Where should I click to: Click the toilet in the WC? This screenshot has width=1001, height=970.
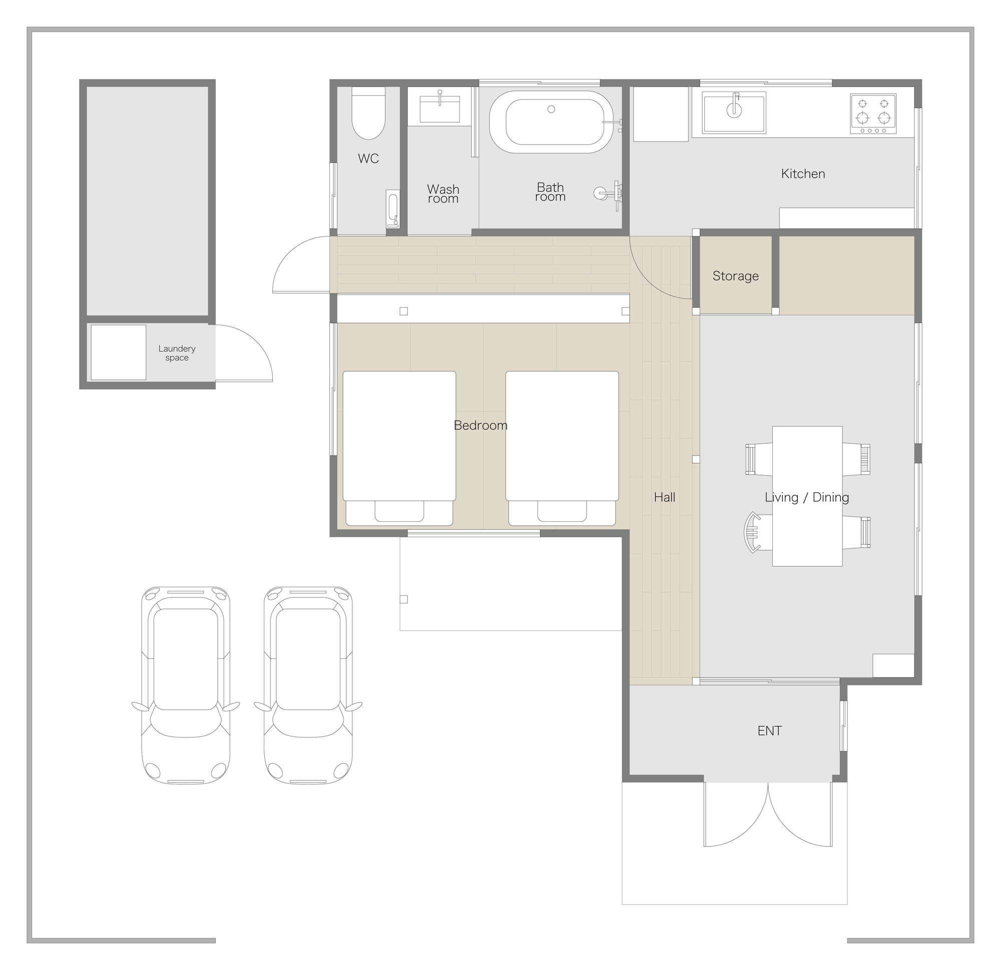click(x=368, y=113)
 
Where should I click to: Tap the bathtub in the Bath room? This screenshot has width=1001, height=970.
click(x=551, y=122)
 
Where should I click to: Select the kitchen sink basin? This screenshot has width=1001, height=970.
click(x=734, y=113)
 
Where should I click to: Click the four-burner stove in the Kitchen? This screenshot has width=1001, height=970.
click(x=873, y=114)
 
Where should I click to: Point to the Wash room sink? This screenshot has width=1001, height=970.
click(x=440, y=109)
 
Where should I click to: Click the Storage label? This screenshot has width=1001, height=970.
click(x=735, y=276)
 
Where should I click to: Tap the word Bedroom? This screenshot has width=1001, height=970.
click(x=480, y=425)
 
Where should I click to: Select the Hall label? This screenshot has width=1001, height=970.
click(x=665, y=497)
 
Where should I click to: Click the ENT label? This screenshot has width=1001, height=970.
click(x=770, y=731)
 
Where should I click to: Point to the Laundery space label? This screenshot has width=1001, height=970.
click(x=177, y=353)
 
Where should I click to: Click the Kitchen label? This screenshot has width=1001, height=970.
click(x=803, y=174)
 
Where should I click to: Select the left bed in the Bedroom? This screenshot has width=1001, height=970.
click(x=399, y=448)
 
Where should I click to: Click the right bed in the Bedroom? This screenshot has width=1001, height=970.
click(x=562, y=448)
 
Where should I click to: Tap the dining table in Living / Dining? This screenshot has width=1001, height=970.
click(x=807, y=496)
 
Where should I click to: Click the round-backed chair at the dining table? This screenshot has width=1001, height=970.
click(x=754, y=532)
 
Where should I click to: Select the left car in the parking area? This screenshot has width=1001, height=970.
click(x=185, y=686)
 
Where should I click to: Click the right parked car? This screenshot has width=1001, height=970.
click(x=308, y=686)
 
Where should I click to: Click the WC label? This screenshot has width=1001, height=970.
click(x=368, y=158)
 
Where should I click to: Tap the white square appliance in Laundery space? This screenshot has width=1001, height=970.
click(x=119, y=352)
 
